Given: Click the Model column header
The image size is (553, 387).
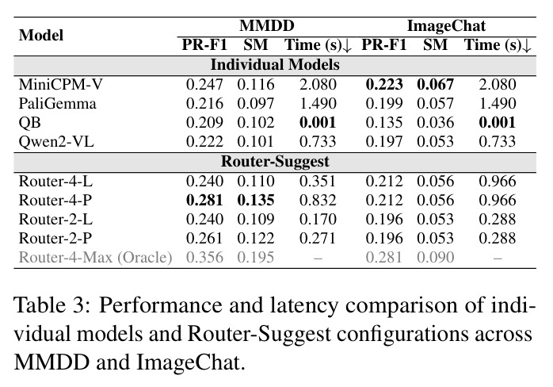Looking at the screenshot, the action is point(41,36).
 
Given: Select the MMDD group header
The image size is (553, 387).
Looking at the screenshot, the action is point(267,26).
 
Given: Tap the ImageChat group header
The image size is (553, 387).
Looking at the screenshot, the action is point(446,26).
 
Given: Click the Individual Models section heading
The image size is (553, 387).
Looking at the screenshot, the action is point(275,65).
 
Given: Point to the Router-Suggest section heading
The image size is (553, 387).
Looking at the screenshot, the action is point(275,161).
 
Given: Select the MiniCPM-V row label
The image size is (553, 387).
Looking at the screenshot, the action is point(61,84).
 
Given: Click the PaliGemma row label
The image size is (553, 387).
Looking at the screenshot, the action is point(57,104).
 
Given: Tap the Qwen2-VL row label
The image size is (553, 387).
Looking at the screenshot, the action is point(56,142).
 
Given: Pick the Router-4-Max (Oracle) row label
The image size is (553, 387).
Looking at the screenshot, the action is point(95,258).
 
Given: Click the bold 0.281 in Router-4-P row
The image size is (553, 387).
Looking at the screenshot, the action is point(204,200).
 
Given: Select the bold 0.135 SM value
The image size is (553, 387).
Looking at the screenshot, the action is point(256,200).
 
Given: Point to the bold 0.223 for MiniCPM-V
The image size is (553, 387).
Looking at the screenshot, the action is point(384,84).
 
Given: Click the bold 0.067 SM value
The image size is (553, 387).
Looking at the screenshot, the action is point(435,84).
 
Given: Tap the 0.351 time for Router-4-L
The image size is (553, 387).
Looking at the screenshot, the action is point(318,181).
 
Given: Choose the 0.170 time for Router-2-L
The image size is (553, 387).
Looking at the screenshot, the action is point(318,220).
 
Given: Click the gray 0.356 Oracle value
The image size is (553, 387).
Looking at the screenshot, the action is point(204,258).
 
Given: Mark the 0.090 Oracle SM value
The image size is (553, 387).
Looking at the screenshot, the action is point(435,258).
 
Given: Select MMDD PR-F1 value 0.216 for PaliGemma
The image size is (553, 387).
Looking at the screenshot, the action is point(204,104).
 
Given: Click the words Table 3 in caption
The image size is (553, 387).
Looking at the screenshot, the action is point(51,305).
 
